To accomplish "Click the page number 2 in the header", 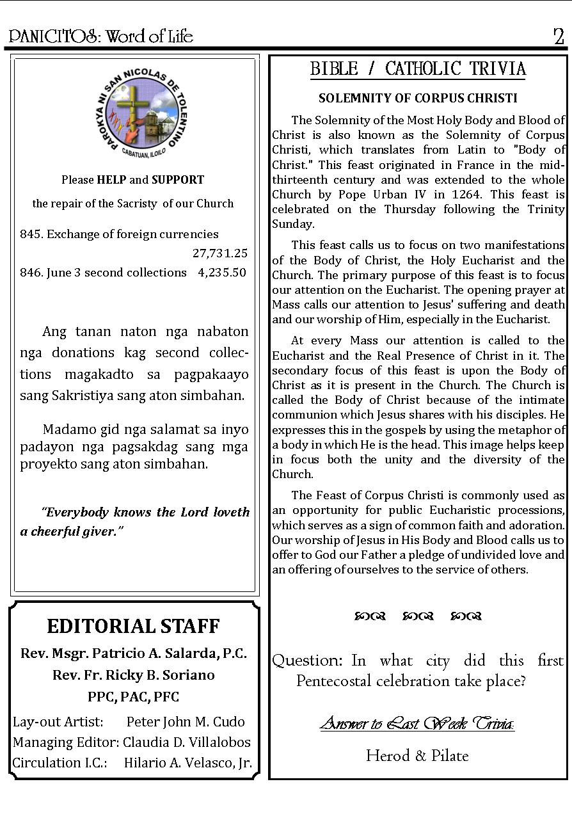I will (559, 36).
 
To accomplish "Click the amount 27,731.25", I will (220, 253).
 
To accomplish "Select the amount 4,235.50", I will (222, 273).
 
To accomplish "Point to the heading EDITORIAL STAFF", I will (133, 626).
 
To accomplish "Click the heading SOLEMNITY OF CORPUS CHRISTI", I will (418, 99).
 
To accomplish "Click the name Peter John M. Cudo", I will (186, 722).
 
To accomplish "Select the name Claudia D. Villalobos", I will (187, 742).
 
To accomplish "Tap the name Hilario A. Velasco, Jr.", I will (187, 763).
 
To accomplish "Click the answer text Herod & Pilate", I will (417, 756).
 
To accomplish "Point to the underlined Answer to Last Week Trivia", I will (417, 724).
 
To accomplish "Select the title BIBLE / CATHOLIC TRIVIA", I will (418, 69).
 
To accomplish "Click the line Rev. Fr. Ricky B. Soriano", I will (133, 675).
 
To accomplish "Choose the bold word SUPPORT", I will (178, 180).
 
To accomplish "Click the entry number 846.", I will (31, 273).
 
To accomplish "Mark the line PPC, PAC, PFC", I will (133, 697).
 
